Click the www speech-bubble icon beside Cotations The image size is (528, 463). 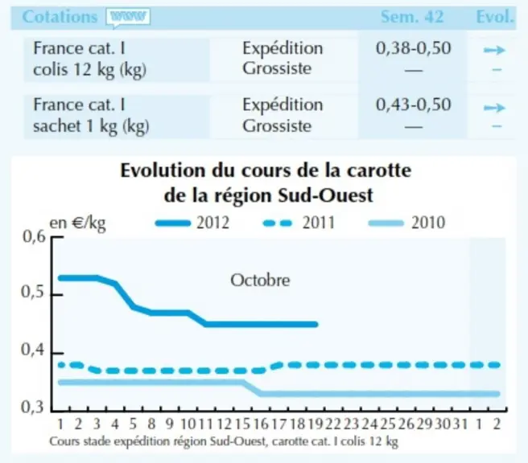click(128, 17)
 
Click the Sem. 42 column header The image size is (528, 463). click(412, 16)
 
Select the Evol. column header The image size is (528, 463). click(495, 16)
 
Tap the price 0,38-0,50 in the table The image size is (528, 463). click(413, 48)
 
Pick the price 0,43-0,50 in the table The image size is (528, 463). click(413, 104)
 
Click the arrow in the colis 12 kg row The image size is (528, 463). click(495, 51)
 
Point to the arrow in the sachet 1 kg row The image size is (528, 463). click(495, 108)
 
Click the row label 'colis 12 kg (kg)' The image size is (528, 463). click(89, 70)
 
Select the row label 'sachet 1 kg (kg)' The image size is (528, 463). click(91, 126)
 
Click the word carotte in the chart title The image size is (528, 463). click(379, 170)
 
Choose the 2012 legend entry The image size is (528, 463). click(192, 223)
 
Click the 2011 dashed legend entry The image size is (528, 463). click(299, 223)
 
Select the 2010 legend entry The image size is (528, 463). click(406, 223)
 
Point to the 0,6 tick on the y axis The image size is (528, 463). click(34, 236)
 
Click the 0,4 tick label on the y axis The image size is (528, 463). click(33, 350)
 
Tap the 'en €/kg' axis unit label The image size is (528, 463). click(78, 223)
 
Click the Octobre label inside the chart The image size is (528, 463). click(260, 281)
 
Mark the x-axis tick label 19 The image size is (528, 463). click(316, 424)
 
